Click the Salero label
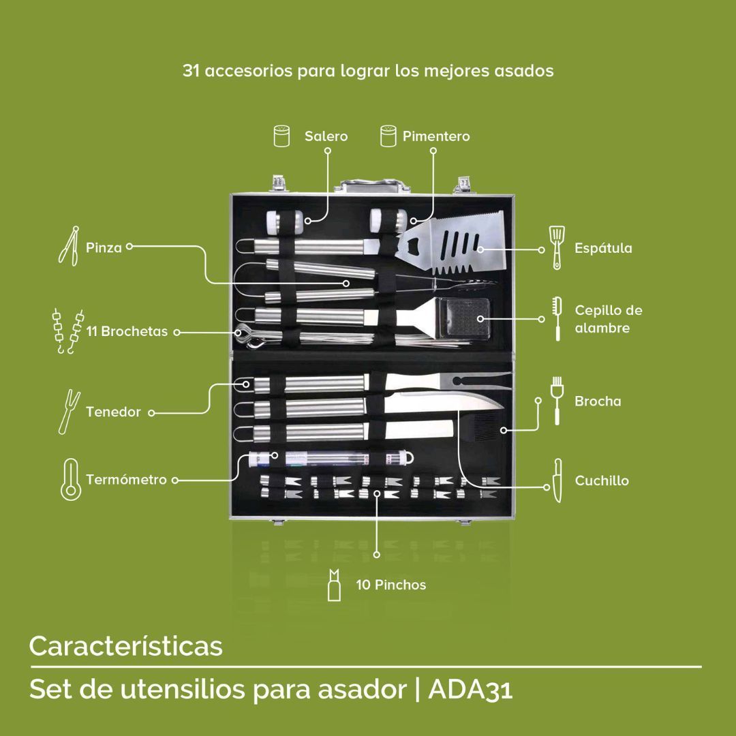click(326, 136)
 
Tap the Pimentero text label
click(436, 136)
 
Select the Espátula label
click(603, 248)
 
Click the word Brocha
click(598, 401)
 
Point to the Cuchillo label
click(602, 480)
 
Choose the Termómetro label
click(126, 480)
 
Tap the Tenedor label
click(113, 412)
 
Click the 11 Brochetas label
click(127, 331)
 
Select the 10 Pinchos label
click(391, 585)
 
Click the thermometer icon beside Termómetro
click(71, 479)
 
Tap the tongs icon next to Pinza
click(69, 246)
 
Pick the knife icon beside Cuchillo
click(557, 480)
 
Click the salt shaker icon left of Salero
click(281, 136)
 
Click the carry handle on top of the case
click(372, 185)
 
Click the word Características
click(126, 646)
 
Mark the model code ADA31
click(470, 688)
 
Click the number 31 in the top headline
click(191, 70)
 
